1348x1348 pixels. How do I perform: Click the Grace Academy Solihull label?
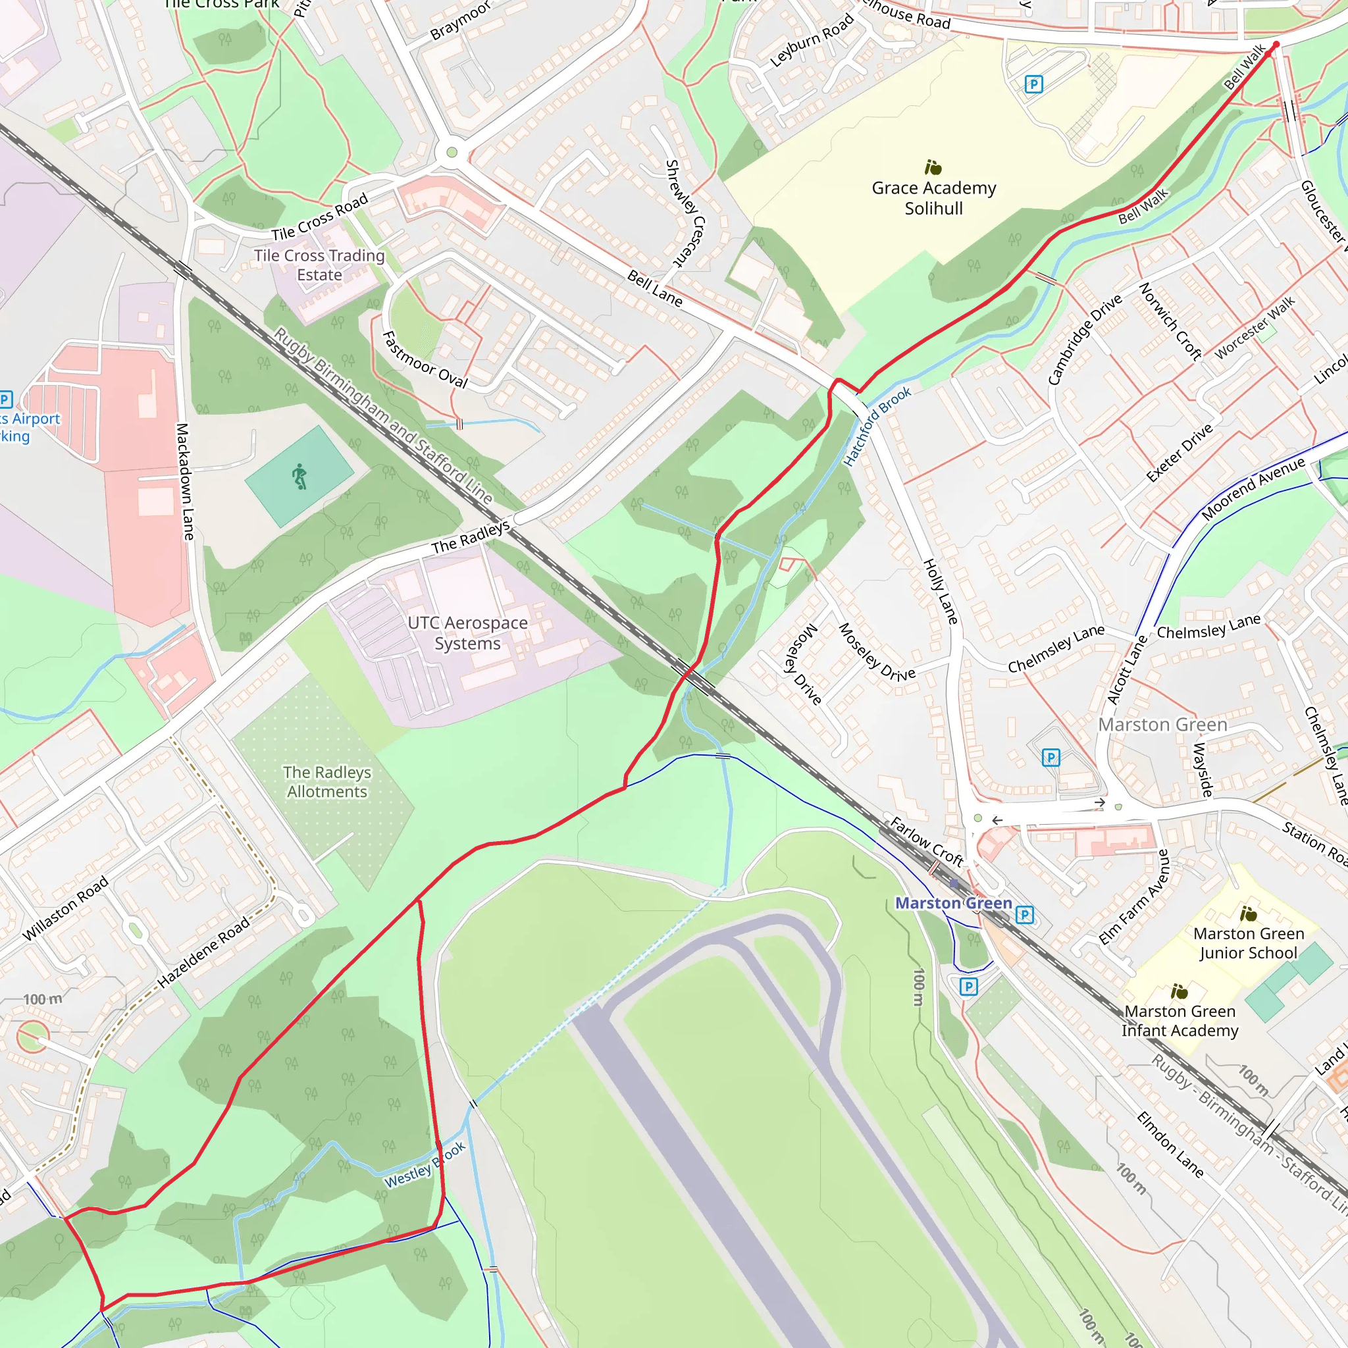(x=933, y=198)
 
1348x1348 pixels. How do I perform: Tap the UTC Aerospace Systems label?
(x=467, y=633)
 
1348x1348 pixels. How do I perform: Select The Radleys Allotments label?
(x=326, y=781)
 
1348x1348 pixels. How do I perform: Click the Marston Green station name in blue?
(x=953, y=903)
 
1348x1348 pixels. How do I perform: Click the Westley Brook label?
(x=425, y=1165)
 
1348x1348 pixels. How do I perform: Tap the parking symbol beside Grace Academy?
(x=1033, y=84)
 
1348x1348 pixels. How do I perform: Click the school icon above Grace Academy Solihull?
(x=933, y=167)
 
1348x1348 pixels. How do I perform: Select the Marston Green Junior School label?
(x=1248, y=943)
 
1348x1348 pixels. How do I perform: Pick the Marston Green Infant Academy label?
(x=1180, y=1020)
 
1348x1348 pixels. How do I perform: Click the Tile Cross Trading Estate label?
(x=319, y=265)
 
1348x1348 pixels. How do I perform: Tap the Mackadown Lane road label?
(x=184, y=481)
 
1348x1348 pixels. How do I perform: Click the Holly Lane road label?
(x=941, y=591)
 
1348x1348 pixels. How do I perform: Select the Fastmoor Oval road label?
(x=425, y=360)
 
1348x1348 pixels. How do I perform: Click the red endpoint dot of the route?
(x=1276, y=45)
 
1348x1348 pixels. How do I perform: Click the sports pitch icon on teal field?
(x=300, y=476)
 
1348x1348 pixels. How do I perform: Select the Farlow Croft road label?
(x=926, y=841)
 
